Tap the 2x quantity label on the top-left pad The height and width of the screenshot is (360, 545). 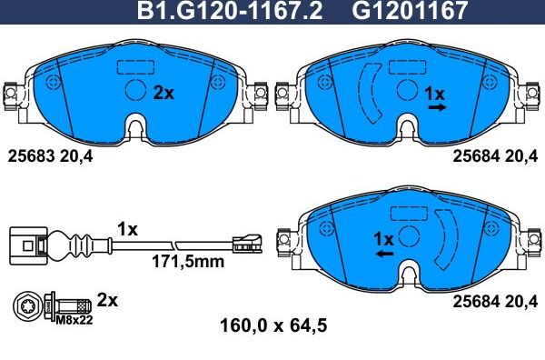(163, 92)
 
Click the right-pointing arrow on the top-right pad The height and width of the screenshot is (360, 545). (437, 107)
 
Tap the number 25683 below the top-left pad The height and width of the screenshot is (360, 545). (33, 155)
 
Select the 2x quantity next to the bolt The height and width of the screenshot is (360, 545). (108, 299)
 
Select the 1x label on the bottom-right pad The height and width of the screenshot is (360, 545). (383, 238)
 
